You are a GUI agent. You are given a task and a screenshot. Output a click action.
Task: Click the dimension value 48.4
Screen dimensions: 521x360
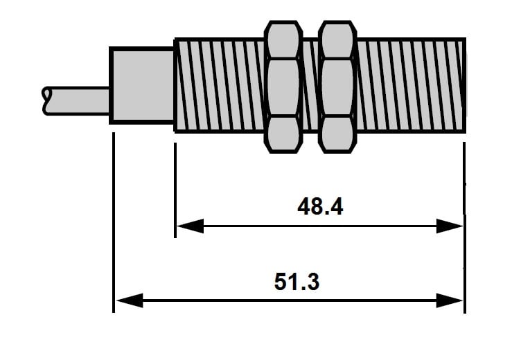click(320, 206)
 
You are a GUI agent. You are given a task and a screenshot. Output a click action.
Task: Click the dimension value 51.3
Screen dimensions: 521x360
click(297, 282)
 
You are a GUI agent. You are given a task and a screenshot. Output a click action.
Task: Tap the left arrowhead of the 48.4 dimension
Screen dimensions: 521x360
click(190, 226)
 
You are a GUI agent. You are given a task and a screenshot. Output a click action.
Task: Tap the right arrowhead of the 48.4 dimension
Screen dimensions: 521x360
click(449, 226)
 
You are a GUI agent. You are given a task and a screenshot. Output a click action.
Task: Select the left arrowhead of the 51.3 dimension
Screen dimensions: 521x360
click(130, 300)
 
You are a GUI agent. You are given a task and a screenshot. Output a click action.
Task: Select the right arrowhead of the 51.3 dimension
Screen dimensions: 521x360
click(449, 300)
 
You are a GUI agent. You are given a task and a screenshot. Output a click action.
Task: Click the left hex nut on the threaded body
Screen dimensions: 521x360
click(283, 87)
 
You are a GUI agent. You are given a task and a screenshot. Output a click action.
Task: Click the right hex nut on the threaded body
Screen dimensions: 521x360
click(337, 87)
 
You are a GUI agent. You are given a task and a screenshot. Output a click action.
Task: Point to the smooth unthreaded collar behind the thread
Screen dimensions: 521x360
click(142, 85)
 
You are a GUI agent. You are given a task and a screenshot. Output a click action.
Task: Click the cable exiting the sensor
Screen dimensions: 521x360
click(76, 101)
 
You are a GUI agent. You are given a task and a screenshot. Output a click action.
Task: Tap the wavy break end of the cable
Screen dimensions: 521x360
click(46, 101)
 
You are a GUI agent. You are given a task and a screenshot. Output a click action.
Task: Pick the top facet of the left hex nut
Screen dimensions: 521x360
click(283, 40)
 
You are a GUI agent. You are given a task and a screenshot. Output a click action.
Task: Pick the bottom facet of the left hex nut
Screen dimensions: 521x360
click(283, 134)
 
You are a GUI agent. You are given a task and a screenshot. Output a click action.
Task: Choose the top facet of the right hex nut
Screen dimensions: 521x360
click(337, 40)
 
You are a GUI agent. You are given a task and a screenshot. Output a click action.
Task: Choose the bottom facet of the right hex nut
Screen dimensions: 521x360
click(337, 134)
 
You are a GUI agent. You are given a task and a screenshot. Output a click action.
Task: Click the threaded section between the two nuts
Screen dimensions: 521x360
click(310, 85)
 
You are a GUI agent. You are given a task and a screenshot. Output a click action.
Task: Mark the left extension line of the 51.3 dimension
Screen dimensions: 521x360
click(114, 222)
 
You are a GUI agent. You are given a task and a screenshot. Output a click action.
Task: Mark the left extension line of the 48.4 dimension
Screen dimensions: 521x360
click(175, 190)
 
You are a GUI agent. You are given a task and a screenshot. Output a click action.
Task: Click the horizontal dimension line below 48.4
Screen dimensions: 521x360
click(319, 226)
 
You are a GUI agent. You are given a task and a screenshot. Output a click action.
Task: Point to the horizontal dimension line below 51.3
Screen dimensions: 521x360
click(289, 300)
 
